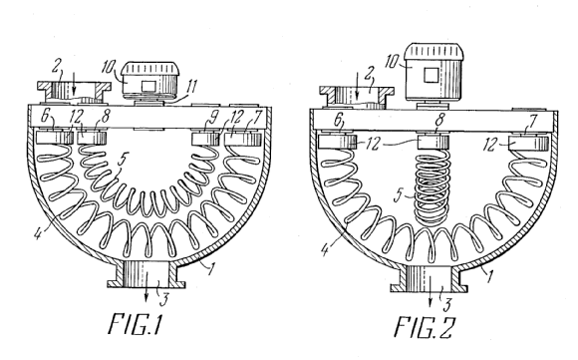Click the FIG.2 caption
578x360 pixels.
(425, 326)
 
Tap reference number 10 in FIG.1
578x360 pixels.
(109, 67)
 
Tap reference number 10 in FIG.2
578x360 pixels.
(392, 61)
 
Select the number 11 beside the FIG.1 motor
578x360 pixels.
(190, 87)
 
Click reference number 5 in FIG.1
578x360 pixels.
(123, 159)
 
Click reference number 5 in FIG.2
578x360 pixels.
(398, 194)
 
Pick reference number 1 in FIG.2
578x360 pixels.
(488, 276)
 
